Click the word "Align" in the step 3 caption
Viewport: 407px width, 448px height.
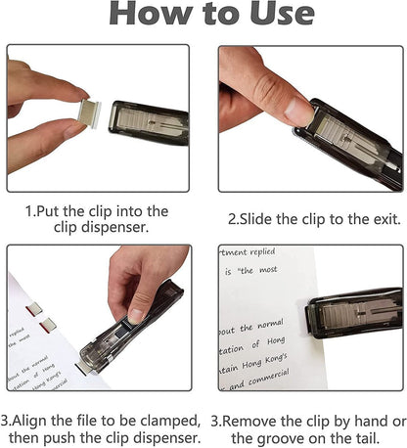[37, 418]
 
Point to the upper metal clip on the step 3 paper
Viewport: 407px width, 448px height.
[33, 309]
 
